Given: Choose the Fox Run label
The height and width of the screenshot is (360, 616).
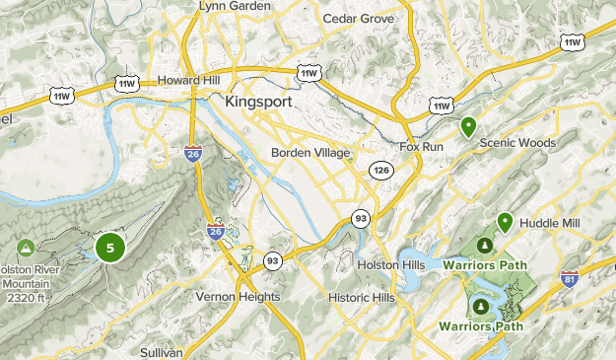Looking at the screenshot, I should coord(423,147).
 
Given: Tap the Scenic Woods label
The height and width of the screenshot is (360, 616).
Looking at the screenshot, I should coord(516,143).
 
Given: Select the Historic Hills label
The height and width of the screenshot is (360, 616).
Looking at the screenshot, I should coord(361,297).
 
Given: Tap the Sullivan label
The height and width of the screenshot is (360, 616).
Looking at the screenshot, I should coord(161,352).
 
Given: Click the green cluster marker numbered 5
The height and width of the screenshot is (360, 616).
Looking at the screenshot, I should coord(110,247).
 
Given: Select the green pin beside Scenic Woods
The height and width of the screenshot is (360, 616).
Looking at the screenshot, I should coord(469,126).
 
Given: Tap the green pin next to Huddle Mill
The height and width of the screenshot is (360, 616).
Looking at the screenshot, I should coord(505,222).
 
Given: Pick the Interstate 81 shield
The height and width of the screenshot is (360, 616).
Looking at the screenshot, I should coord(569,279).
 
